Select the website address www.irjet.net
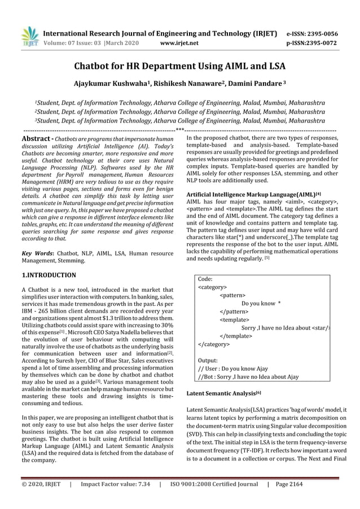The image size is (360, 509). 179,42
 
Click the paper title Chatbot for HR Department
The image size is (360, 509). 179,67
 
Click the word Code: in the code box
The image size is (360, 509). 205,279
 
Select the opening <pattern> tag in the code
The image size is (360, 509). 232,295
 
